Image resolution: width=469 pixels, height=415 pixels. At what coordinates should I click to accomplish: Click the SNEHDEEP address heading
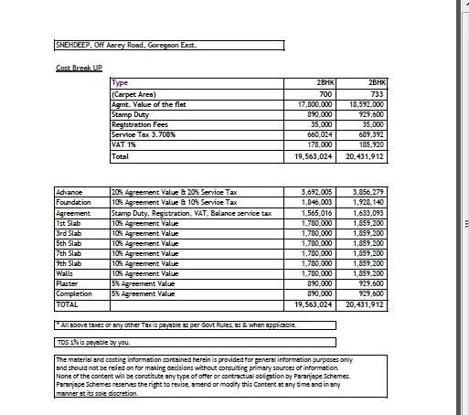click(x=125, y=43)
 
